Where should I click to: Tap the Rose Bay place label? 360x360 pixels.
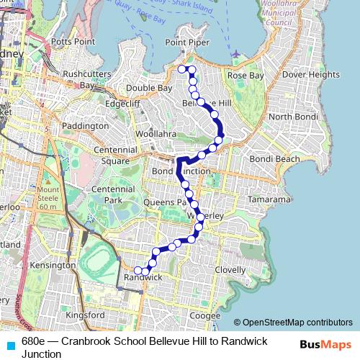[x=246, y=75]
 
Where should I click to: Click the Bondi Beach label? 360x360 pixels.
[x=274, y=158]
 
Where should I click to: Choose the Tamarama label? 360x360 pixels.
[x=269, y=199]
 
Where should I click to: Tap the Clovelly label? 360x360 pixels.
[x=230, y=270]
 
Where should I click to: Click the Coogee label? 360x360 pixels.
[x=206, y=315]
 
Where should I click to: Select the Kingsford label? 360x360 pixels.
[x=85, y=315]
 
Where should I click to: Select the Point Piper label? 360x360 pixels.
[x=186, y=42]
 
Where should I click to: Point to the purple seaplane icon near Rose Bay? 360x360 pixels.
[x=237, y=55]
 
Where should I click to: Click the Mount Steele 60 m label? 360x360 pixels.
[x=48, y=197]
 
